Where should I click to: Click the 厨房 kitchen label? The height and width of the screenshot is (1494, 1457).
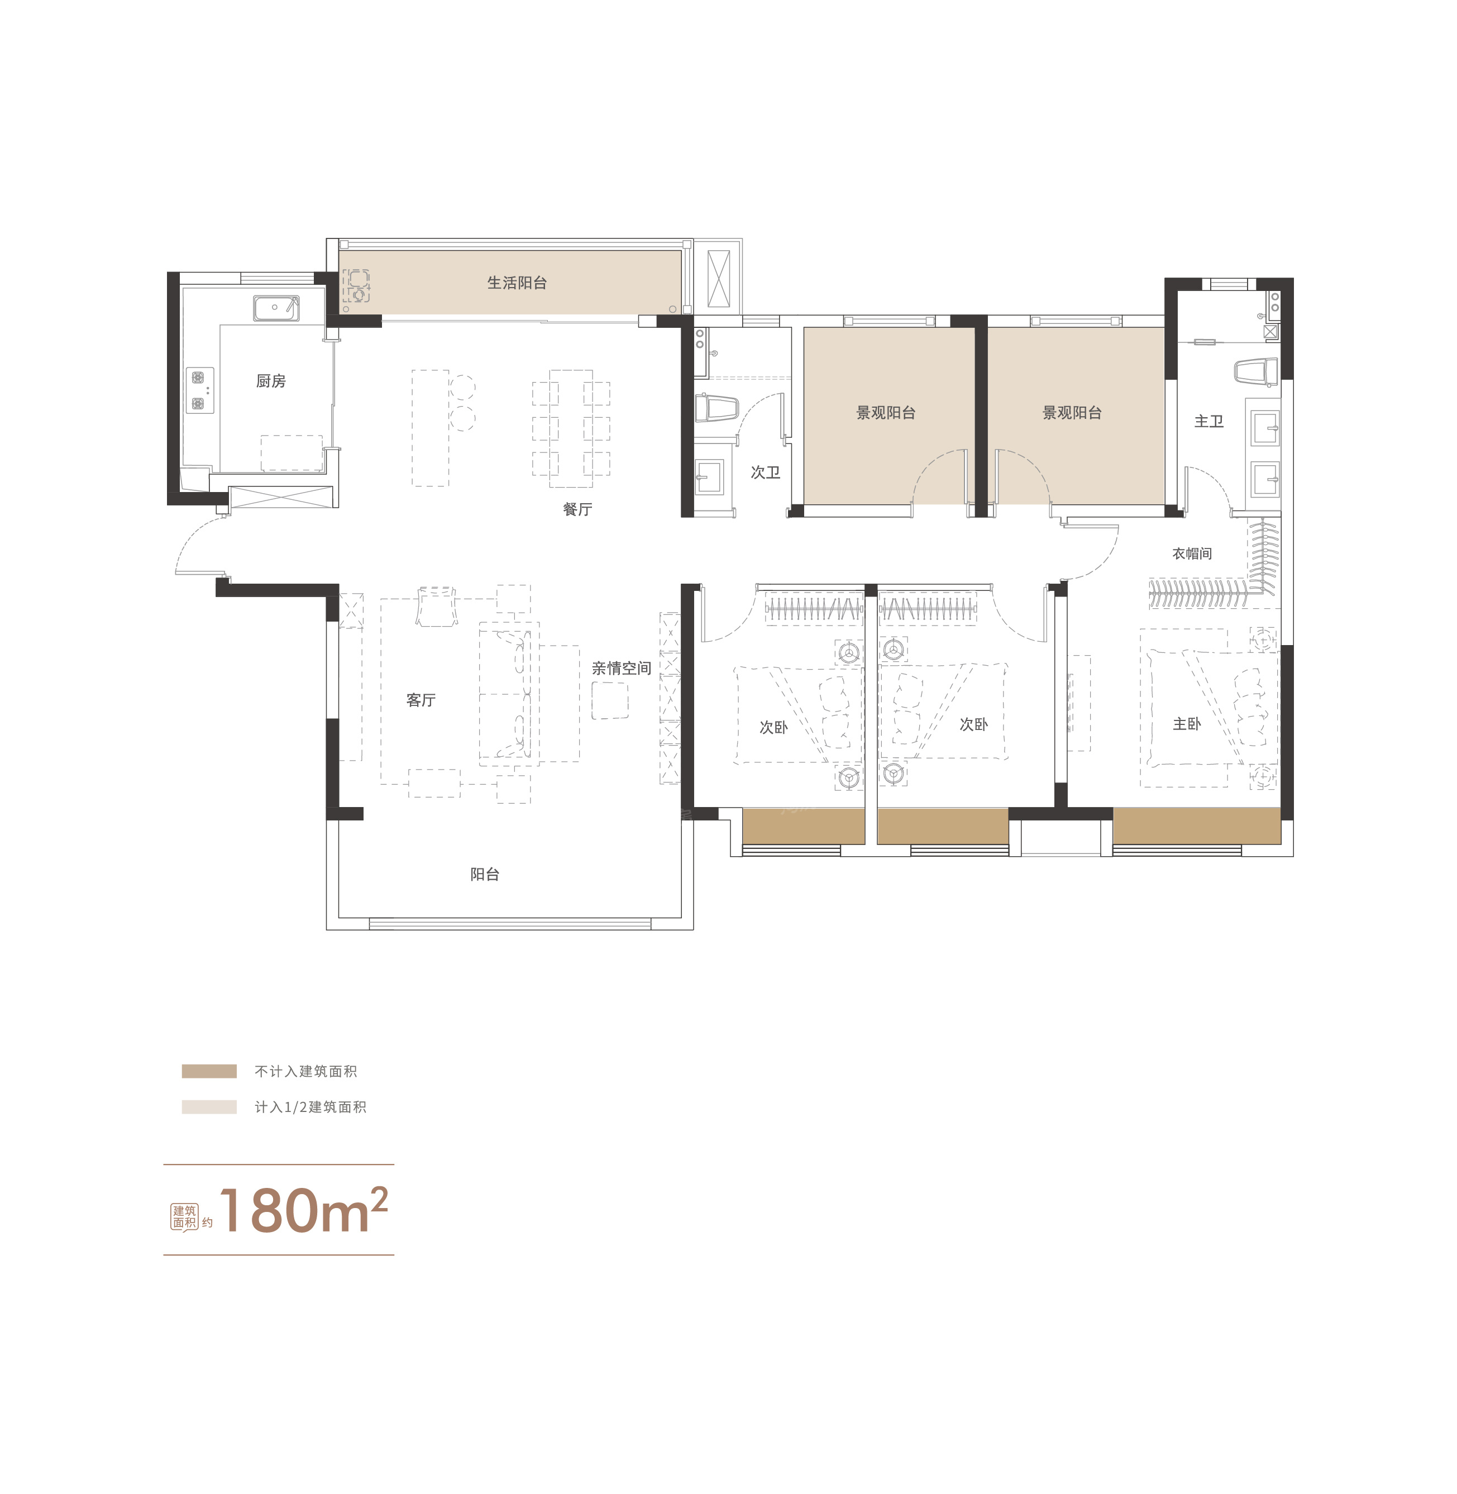point(271,381)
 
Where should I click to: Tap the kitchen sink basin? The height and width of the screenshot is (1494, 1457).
point(276,308)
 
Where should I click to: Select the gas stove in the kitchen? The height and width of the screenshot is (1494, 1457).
point(200,390)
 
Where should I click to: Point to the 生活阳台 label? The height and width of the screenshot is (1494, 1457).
point(517,283)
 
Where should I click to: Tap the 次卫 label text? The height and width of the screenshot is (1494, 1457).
point(765,473)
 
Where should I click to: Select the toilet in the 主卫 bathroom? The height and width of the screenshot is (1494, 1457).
point(1257,372)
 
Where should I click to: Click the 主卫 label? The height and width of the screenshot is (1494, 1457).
point(1209,422)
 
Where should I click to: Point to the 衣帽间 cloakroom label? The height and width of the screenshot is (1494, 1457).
point(1192,553)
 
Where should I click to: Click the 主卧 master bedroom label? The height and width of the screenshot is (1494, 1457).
point(1187,724)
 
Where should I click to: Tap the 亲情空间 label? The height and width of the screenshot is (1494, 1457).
point(622,668)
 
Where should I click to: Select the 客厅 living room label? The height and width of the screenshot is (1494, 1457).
point(421,700)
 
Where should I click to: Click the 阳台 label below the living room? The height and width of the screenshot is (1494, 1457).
point(484,875)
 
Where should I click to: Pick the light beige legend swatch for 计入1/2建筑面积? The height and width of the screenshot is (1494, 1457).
point(209,1107)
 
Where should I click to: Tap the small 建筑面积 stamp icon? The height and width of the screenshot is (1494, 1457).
point(184,1217)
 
